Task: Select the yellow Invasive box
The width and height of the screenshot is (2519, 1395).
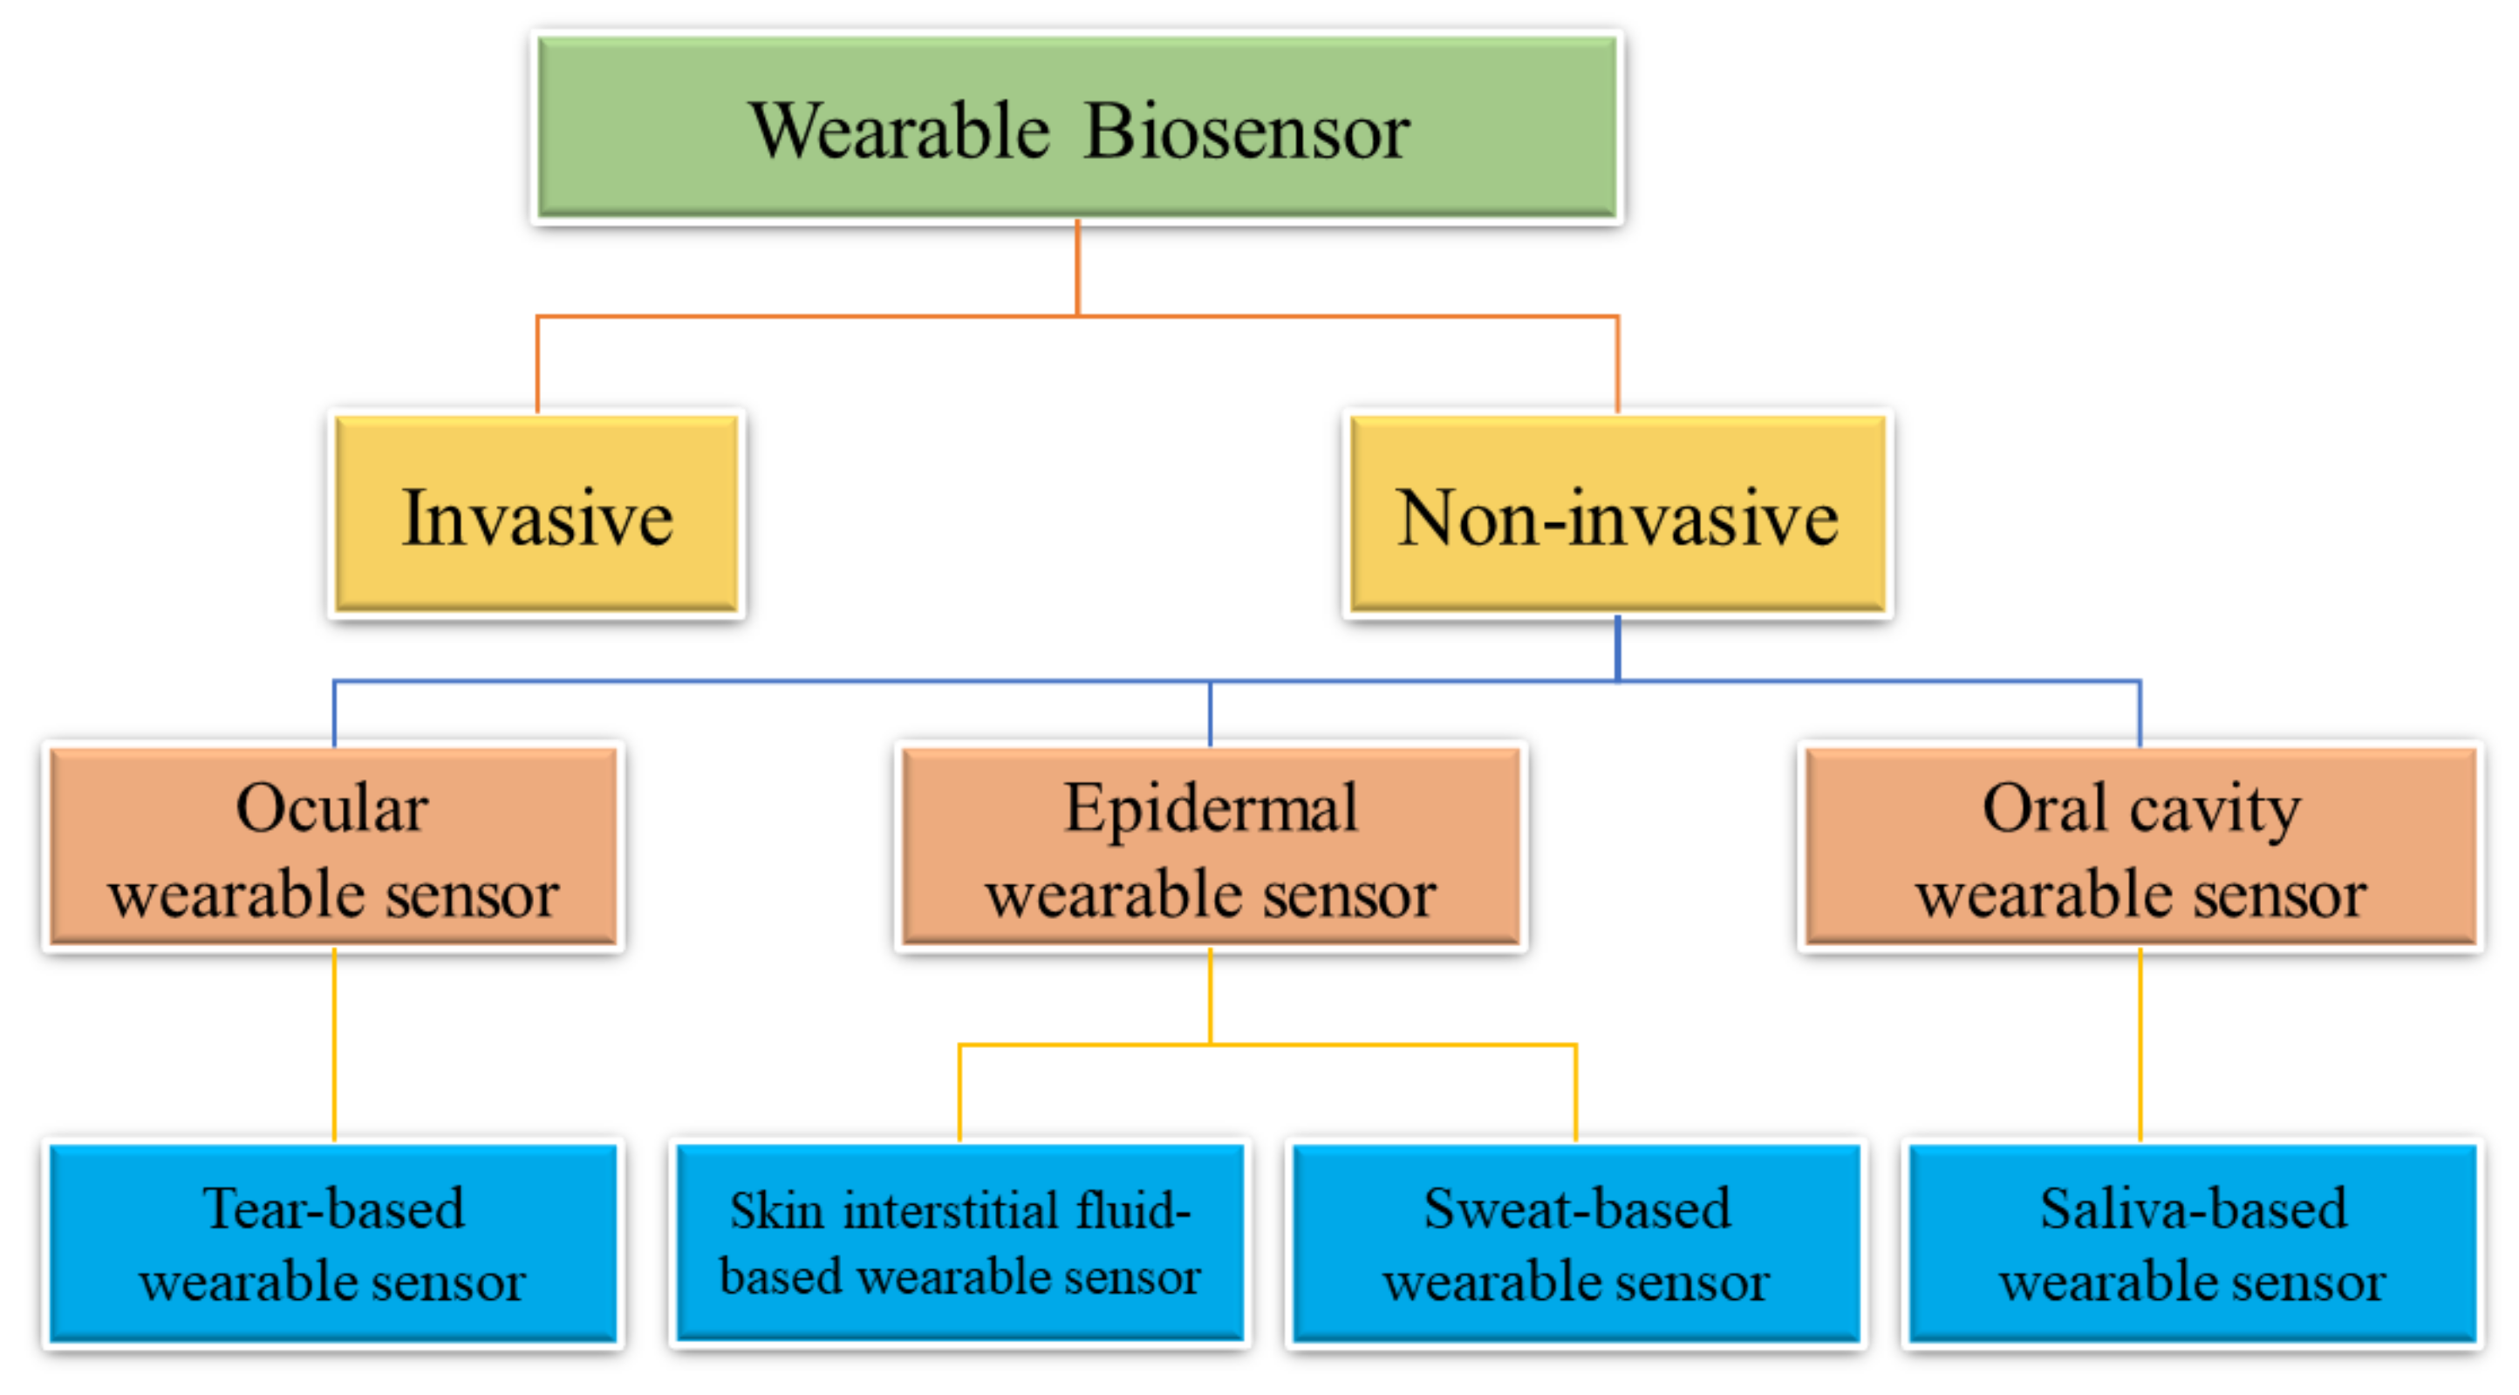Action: click(x=536, y=514)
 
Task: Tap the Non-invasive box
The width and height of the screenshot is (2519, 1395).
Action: click(x=1617, y=514)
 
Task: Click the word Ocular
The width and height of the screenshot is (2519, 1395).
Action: click(x=332, y=808)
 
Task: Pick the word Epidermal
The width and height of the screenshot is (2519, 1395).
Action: click(x=1211, y=808)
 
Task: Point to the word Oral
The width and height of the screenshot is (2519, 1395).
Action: click(x=2044, y=808)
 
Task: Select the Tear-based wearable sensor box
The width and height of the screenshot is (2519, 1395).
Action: click(x=333, y=1243)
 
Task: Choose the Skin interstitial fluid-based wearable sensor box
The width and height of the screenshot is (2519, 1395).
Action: click(x=959, y=1243)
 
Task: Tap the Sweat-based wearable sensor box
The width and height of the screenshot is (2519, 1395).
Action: click(x=1576, y=1243)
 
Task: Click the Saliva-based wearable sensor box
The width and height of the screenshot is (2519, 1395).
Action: click(x=2193, y=1243)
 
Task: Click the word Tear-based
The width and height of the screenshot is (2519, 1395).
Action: click(x=333, y=1208)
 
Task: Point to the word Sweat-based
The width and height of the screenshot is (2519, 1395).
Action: click(x=1576, y=1208)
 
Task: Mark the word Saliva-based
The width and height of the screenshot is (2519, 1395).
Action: click(x=2193, y=1208)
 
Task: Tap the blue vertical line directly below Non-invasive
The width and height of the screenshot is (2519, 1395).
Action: click(x=1617, y=647)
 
